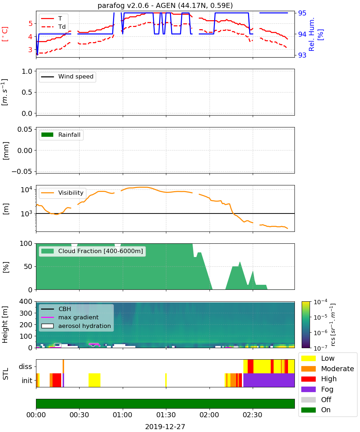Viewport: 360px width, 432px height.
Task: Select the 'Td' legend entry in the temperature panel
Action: tap(53, 27)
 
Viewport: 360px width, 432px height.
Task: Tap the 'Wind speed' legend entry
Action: tap(67, 77)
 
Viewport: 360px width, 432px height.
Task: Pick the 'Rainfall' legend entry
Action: tap(61, 135)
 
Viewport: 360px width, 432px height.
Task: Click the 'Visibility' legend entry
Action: tap(62, 193)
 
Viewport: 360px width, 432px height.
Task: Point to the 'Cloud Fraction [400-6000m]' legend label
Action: tap(100, 251)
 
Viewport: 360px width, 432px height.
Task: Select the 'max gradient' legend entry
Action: tap(70, 317)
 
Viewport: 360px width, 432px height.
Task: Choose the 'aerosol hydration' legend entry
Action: tap(76, 326)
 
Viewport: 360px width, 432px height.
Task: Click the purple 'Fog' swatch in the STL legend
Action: tap(308, 389)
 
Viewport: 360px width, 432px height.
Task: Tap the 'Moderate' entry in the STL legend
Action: tap(328, 369)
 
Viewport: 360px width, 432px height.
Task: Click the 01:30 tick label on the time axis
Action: tap(166, 415)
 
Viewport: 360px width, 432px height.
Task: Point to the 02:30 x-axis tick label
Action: tap(253, 415)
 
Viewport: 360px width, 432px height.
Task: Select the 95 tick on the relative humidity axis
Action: tap(302, 13)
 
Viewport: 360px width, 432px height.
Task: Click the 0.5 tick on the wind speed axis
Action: tap(27, 92)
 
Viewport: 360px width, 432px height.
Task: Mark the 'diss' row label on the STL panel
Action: tap(25, 366)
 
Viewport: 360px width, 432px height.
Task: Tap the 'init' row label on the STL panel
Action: tap(27, 381)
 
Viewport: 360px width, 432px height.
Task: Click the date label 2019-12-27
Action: tap(165, 427)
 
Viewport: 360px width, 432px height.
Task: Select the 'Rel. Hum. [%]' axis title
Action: tap(316, 34)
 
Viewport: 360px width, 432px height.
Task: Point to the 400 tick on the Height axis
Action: tap(26, 301)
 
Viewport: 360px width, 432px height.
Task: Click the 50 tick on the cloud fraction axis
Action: tap(28, 266)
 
